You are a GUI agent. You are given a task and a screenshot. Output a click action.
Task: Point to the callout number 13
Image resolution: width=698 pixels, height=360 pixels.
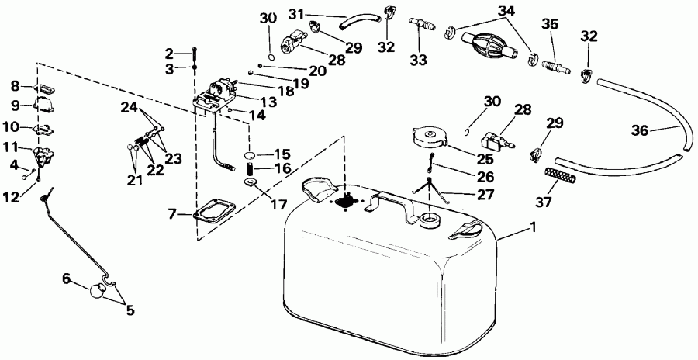pyautogui.click(x=268, y=102)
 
